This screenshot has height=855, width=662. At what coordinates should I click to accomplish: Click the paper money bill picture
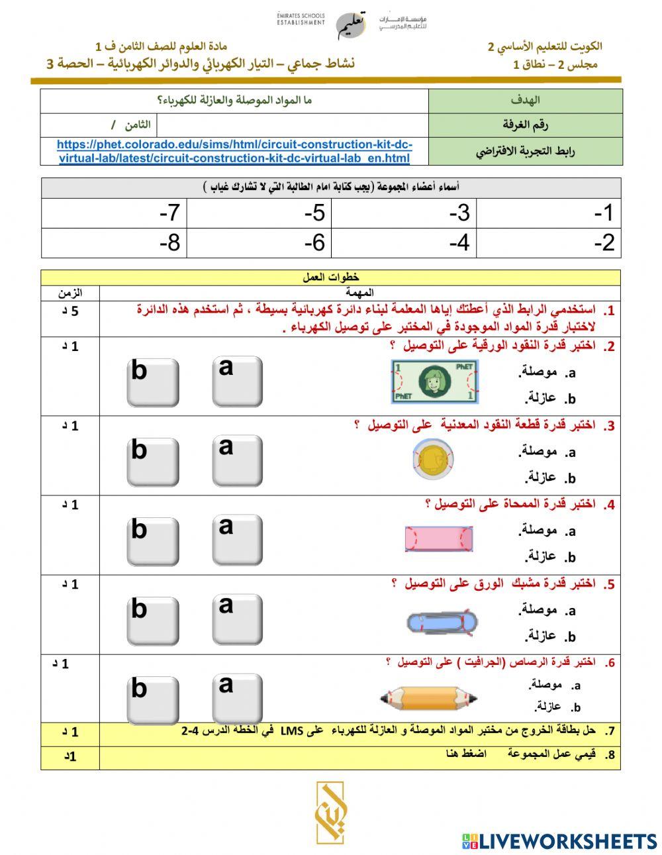435,381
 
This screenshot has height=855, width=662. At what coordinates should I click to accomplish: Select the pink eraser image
439,538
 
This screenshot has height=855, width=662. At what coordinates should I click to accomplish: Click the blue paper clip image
441,623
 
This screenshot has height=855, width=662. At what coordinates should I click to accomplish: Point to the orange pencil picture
429,697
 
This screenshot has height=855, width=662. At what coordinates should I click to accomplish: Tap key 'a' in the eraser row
237,539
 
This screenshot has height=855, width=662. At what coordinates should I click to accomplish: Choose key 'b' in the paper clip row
152,621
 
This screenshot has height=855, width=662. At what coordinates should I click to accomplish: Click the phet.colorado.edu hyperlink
234,151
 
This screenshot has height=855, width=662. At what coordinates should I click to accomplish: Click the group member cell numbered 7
114,213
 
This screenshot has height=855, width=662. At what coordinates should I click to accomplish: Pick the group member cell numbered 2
548,242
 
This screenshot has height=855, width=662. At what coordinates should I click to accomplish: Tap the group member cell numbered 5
259,213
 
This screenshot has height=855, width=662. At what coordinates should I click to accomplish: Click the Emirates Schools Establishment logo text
301,19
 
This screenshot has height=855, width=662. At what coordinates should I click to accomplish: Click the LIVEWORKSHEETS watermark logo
559,841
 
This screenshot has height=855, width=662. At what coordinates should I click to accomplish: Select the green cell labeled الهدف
525,101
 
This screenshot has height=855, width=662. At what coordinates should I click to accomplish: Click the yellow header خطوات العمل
330,277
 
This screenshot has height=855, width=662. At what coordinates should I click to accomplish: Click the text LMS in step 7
291,730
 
